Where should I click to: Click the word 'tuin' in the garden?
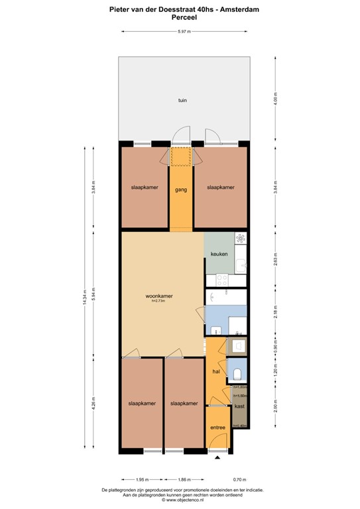pos(181,101)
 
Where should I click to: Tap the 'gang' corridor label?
pos(180,190)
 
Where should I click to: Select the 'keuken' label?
pos(219,254)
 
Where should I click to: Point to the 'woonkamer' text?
pos(158,296)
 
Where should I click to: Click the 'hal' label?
pos(215,372)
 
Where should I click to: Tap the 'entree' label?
pos(218,427)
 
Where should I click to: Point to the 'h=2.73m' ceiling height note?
pos(158,302)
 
